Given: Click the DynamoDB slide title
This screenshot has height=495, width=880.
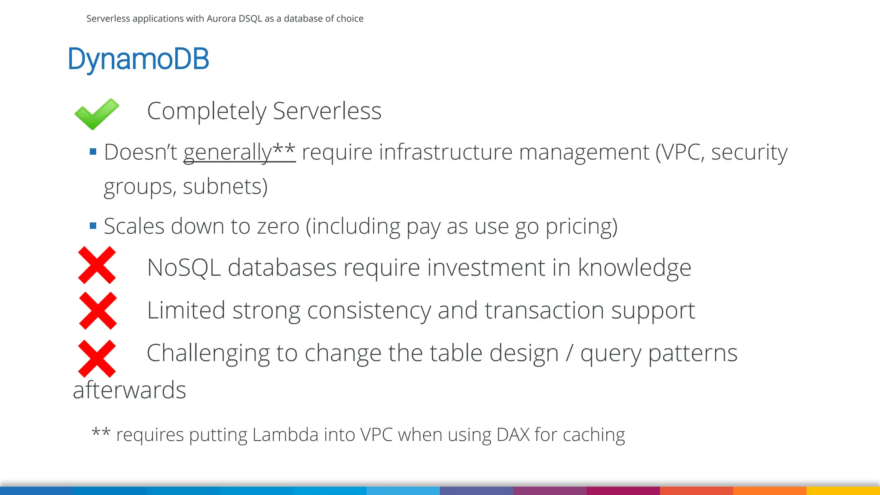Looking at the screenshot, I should pos(138,59).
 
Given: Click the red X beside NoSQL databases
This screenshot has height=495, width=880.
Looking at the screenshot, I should pos(97,265).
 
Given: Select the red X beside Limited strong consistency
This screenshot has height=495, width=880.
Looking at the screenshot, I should pos(98,311).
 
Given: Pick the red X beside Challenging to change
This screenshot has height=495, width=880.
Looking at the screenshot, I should pos(97,358).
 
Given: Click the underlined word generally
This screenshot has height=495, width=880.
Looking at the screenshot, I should pos(228,152).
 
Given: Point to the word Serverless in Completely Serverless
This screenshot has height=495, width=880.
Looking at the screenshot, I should pos(327,111).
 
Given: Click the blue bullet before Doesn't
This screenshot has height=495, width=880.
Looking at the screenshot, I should pos(93,151).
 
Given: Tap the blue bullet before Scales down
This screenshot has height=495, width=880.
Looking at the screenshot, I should pos(93,226).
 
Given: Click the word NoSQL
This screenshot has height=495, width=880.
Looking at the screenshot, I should pos(184,267).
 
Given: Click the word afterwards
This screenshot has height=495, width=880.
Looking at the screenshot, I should pos(129,390).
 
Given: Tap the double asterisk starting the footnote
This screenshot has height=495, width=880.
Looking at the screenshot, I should pos(101,431).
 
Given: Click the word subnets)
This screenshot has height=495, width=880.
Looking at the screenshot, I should pos(225,186).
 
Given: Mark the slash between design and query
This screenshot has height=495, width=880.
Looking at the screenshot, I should pos(569,353).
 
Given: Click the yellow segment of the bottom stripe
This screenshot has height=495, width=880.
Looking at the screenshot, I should pos(843,491).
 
